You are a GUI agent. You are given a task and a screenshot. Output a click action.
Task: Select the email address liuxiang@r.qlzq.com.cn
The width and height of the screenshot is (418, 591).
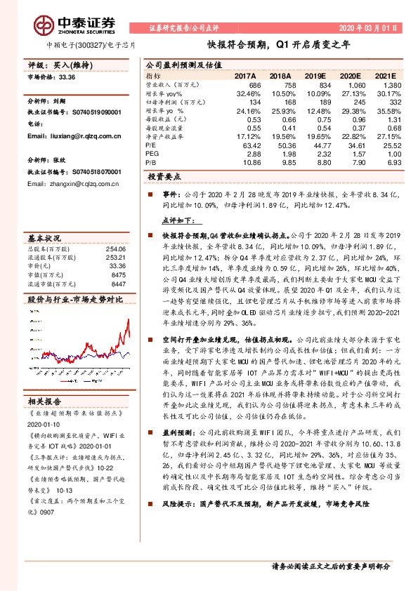(x=77, y=135)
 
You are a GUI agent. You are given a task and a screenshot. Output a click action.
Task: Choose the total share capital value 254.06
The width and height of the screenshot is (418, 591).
(x=116, y=250)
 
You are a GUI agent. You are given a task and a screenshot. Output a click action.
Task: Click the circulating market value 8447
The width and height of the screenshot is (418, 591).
(x=117, y=284)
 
